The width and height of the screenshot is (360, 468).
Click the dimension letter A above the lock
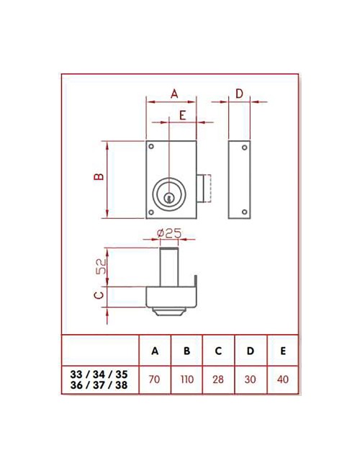[x=174, y=94]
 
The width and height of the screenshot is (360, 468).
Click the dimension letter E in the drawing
[x=183, y=115]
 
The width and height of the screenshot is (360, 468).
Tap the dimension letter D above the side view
[x=240, y=94]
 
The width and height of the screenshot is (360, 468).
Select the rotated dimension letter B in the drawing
[x=100, y=176]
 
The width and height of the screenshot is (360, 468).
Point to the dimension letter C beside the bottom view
[x=100, y=294]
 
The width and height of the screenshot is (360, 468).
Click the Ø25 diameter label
[x=167, y=233]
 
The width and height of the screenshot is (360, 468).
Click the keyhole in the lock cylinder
[x=170, y=197]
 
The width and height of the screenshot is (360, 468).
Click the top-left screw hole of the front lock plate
[x=151, y=148]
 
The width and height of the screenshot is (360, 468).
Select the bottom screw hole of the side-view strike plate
[x=245, y=211]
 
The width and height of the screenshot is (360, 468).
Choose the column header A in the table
[x=154, y=351]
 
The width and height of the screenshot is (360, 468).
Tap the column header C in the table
[x=218, y=351]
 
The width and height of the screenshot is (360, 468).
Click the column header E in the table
[x=282, y=351]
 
